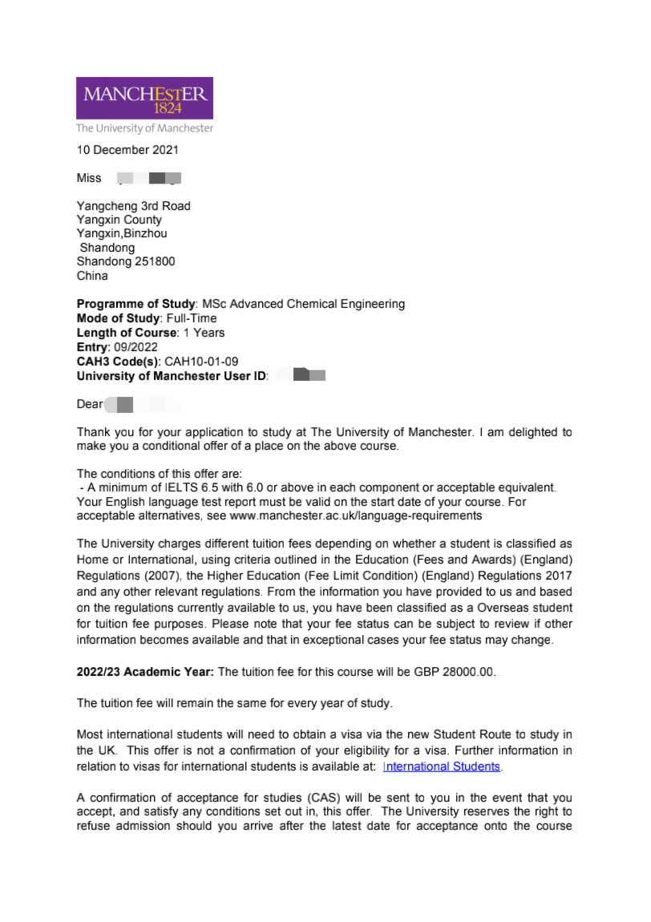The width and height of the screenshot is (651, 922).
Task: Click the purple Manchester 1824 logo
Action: pyautogui.click(x=144, y=98)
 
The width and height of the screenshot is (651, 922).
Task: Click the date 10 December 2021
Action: pyautogui.click(x=127, y=150)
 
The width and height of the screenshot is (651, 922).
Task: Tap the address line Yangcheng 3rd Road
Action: pyautogui.click(x=133, y=206)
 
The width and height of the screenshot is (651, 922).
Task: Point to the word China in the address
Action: pyautogui.click(x=92, y=276)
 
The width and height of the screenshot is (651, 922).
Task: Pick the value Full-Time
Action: pyautogui.click(x=192, y=318)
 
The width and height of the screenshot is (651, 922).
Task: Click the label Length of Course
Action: pyautogui.click(x=126, y=333)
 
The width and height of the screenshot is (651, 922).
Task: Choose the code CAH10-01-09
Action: pyautogui.click(x=201, y=362)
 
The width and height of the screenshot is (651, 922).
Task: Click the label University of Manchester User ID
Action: pyautogui.click(x=172, y=376)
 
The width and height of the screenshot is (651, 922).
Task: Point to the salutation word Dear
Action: pyautogui.click(x=89, y=405)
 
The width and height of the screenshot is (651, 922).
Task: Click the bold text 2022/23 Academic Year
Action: pyautogui.click(x=145, y=672)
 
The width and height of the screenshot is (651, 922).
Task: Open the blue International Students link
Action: pyautogui.click(x=442, y=766)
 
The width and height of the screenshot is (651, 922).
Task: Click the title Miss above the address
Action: pyautogui.click(x=89, y=178)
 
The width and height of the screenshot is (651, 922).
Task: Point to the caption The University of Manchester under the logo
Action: pyautogui.click(x=144, y=128)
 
